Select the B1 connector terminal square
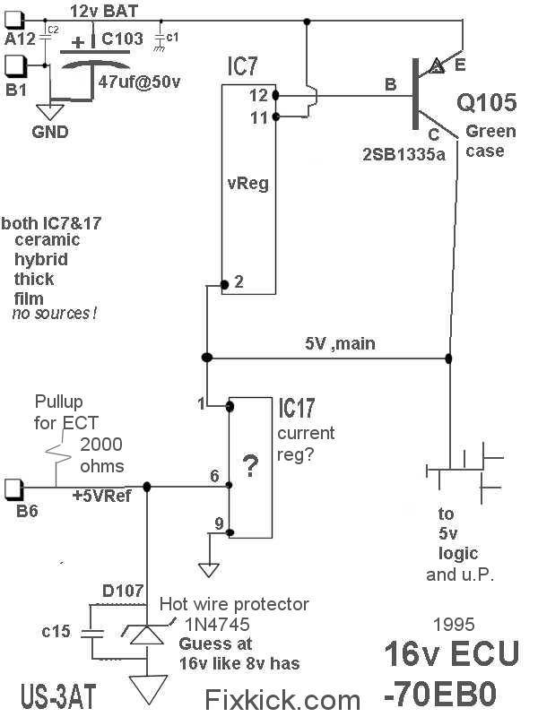17,65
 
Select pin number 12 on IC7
259,95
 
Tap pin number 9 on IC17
218,525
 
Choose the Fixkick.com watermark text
282,697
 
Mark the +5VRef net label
102,495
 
